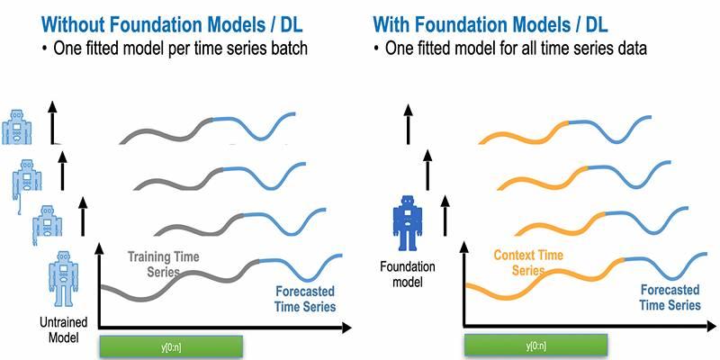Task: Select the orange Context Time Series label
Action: click(x=528, y=262)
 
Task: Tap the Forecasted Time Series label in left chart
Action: click(x=304, y=300)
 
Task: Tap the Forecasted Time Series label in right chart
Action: click(x=670, y=298)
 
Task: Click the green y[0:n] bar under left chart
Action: click(x=171, y=346)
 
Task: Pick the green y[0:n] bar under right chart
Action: click(x=535, y=346)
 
